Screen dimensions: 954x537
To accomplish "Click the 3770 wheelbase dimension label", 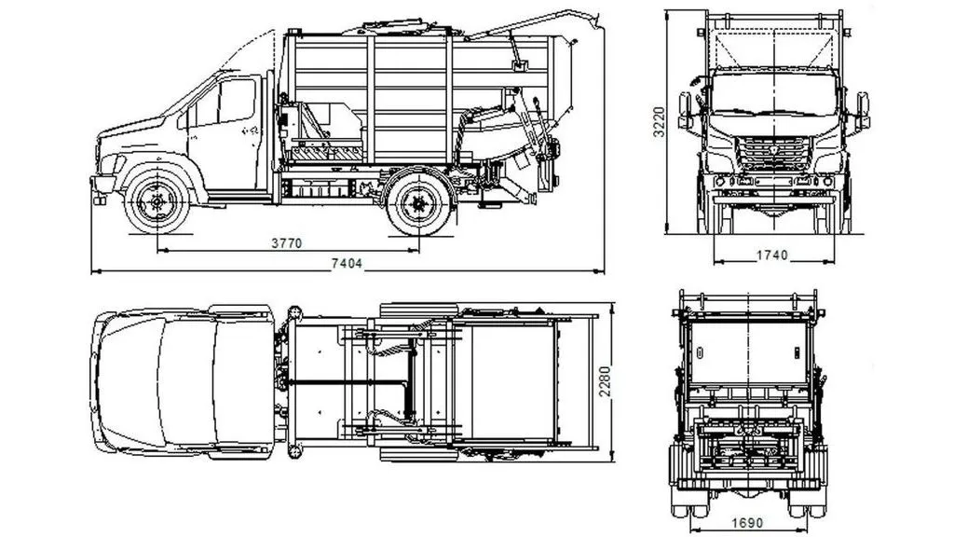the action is coord(287,243).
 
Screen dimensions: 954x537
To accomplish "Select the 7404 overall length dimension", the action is coord(347,264).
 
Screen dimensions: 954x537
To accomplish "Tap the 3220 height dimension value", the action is coord(660,122).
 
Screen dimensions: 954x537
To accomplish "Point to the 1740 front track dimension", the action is coord(772,255).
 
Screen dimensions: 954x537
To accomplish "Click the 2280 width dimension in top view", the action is coord(605,381).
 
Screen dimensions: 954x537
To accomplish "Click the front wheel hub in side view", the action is coord(157,202).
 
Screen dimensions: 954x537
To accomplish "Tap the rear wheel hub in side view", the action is coord(419,204).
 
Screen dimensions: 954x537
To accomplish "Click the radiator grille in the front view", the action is coord(772,154).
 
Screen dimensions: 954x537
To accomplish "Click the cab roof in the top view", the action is coord(242,381).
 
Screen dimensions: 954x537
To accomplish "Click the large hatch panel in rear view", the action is coord(748,352).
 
